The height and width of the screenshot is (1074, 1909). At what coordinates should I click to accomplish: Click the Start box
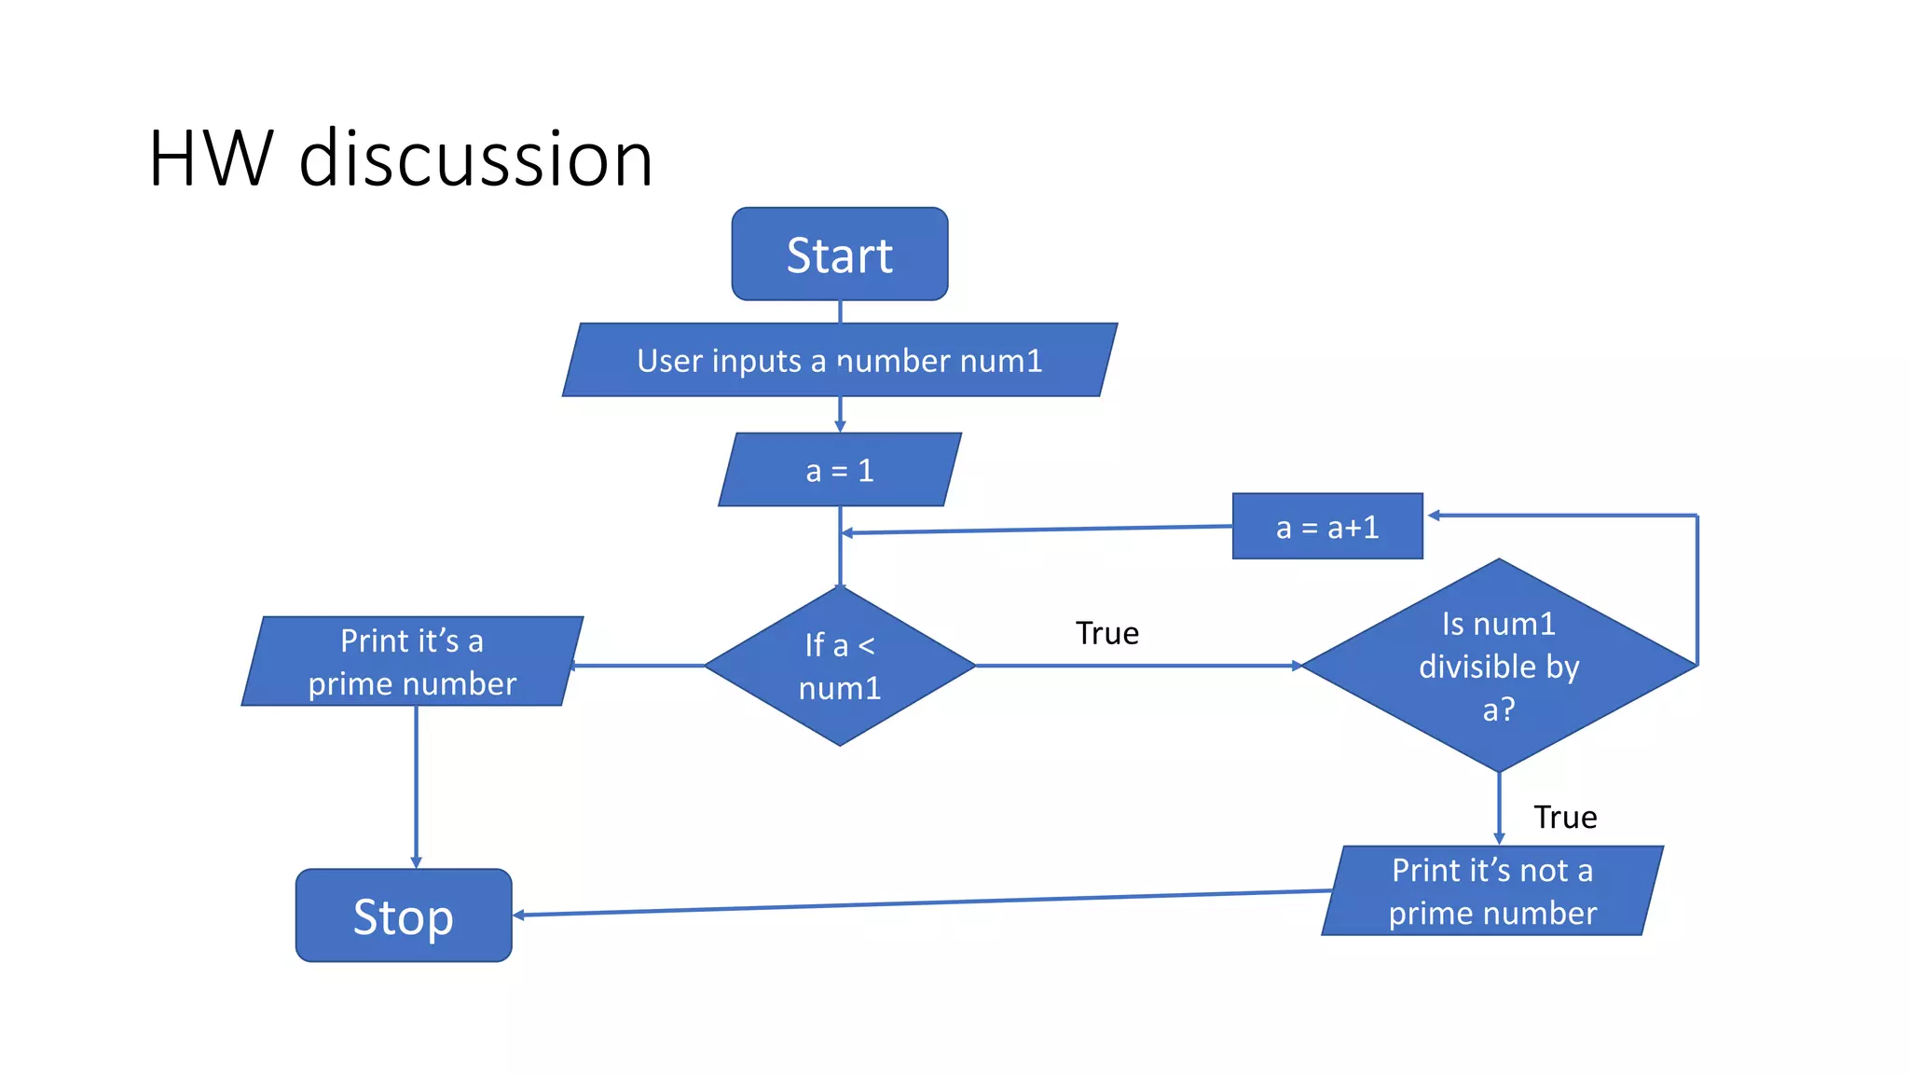pos(840,255)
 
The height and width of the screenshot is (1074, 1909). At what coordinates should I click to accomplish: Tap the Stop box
pos(404,916)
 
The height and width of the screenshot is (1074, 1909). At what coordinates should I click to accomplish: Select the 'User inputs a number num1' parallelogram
pos(839,360)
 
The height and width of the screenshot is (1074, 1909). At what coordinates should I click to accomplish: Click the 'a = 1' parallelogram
pos(839,470)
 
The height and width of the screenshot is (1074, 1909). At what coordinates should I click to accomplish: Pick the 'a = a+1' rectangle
pos(1327,527)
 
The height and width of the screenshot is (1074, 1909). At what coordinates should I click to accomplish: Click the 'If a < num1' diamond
pos(840,666)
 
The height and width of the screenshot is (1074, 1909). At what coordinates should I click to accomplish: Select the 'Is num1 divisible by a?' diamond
pos(1499,666)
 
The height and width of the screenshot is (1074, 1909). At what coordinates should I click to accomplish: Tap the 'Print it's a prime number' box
pos(412,662)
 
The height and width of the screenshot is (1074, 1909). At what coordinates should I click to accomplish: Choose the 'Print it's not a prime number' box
pos(1492,891)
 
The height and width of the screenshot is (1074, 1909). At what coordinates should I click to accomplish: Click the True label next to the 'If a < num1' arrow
pos(1107,633)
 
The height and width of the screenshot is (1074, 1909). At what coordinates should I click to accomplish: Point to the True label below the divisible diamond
pos(1565,817)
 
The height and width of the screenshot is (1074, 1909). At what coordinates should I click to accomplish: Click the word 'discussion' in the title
pos(475,158)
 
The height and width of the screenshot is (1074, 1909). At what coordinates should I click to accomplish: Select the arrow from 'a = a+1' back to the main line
pos(1035,530)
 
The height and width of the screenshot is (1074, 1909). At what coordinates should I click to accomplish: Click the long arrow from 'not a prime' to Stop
pos(923,902)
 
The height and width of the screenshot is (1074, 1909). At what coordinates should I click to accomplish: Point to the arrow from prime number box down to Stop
pos(416,788)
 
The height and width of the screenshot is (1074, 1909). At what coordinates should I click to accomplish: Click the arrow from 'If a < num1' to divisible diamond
pos(1137,666)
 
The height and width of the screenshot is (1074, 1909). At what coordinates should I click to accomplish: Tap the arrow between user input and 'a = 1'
pos(840,414)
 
